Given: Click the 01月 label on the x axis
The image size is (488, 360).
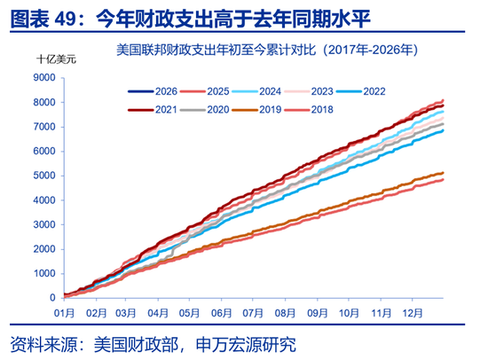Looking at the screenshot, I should pyautogui.click(x=64, y=313).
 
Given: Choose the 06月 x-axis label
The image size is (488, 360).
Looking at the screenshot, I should pyautogui.click(x=222, y=313).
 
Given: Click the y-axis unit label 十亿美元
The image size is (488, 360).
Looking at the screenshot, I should pyautogui.click(x=57, y=59).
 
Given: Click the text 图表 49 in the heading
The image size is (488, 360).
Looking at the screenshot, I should pyautogui.click(x=41, y=15).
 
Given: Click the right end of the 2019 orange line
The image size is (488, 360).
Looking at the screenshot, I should pyautogui.click(x=443, y=173).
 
